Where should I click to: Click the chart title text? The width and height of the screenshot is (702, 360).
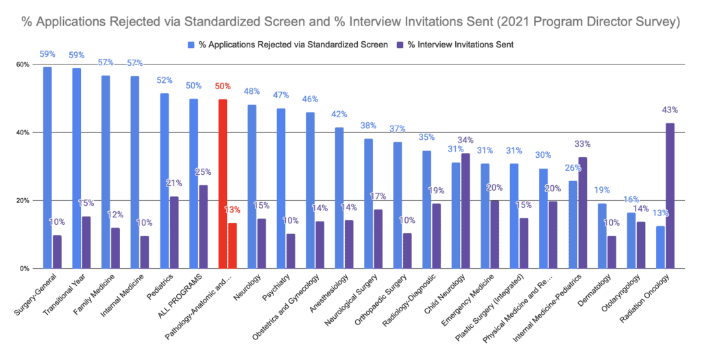point(350,23)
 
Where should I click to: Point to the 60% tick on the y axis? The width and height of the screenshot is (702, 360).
point(22,64)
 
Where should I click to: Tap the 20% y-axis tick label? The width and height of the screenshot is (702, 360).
point(22,201)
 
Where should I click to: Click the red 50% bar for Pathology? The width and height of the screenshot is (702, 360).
point(223,184)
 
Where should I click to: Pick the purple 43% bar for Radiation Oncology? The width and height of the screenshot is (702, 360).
point(670,195)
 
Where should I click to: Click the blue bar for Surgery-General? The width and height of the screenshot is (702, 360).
point(47,167)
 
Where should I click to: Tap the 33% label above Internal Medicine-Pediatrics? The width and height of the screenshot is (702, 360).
point(583,144)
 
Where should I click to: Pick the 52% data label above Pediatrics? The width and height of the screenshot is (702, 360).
point(165,80)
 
